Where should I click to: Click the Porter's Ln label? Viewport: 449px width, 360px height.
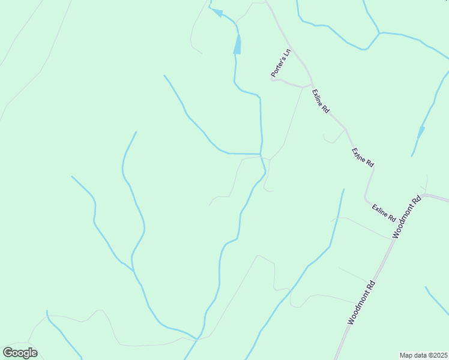[x=280, y=62]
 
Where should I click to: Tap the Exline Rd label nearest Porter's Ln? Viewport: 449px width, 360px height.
[x=320, y=101]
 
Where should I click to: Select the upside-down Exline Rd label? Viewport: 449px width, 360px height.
[x=363, y=157]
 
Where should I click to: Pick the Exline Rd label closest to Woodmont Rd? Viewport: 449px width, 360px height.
[x=384, y=212]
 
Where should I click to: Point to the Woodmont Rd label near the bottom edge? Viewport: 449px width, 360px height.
[x=362, y=303]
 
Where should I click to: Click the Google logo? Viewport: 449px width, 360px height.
[x=20, y=353]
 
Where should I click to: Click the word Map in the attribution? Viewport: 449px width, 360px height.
[x=406, y=355]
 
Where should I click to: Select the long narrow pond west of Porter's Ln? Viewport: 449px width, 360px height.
[x=237, y=44]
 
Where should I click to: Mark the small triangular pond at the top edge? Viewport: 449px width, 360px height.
[x=217, y=13]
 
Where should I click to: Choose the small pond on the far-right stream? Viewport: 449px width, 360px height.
[x=421, y=131]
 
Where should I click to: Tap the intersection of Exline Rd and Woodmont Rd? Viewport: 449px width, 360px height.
[x=423, y=196]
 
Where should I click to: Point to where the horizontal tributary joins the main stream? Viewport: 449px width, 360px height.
[x=261, y=154]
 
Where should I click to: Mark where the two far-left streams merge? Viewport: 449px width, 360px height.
[x=133, y=270]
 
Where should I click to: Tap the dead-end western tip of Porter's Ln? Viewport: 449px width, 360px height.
[x=272, y=79]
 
